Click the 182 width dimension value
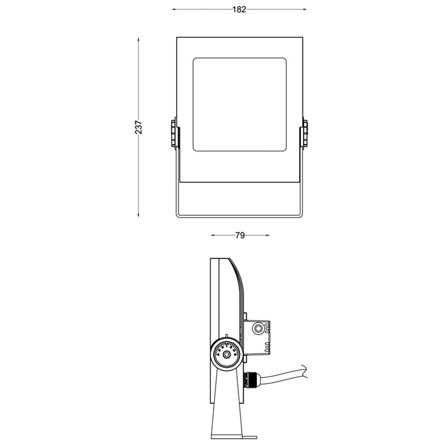(x=239, y=9)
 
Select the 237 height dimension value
(x=139, y=127)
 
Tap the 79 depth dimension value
(x=240, y=236)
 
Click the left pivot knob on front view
(x=174, y=133)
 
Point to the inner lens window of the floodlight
(x=240, y=105)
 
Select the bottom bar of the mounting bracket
(x=240, y=217)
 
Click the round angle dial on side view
(x=227, y=354)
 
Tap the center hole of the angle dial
(x=227, y=355)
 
